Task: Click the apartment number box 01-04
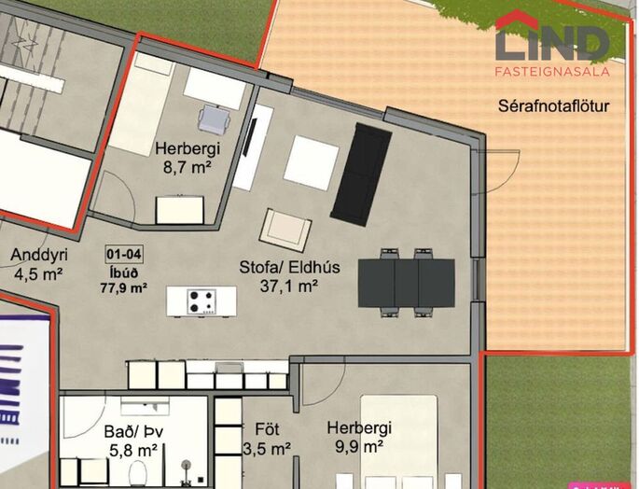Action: (124, 254)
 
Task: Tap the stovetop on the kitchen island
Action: (201, 301)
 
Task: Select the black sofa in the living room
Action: (361, 175)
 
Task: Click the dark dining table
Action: (407, 283)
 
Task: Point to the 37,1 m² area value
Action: (289, 286)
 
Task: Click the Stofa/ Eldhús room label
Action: (289, 267)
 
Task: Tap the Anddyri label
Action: (39, 255)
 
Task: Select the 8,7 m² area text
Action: (188, 167)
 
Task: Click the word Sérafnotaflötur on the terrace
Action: (554, 106)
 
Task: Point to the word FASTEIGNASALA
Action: (552, 71)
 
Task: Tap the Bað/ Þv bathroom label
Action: (134, 431)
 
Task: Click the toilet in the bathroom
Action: (140, 474)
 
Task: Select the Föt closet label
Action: (268, 429)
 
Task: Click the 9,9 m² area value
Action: (358, 447)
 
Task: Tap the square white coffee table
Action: (312, 162)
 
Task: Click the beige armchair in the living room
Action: (285, 230)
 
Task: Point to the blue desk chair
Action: (215, 119)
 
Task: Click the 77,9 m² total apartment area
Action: (124, 288)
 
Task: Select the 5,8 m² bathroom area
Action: (133, 451)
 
